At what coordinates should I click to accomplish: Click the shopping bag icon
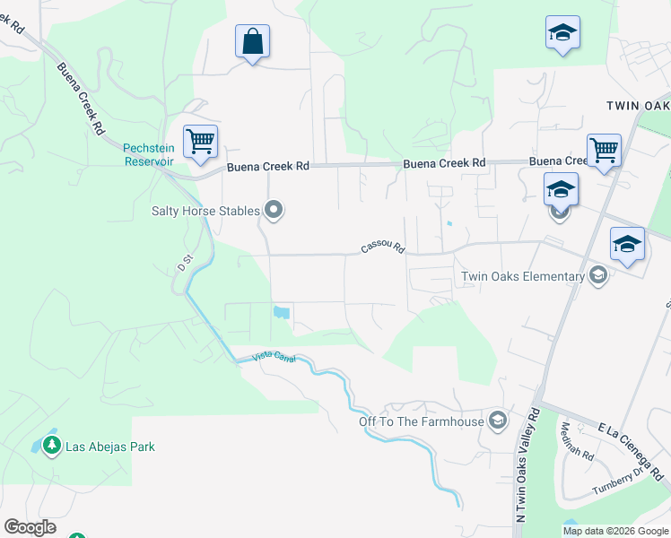pyautogui.click(x=252, y=41)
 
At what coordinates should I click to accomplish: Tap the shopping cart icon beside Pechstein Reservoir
pyautogui.click(x=200, y=142)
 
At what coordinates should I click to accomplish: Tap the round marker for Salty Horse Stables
pyautogui.click(x=274, y=211)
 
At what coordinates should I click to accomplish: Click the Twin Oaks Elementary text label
pyautogui.click(x=522, y=276)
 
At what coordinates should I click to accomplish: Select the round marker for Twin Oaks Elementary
pyautogui.click(x=597, y=276)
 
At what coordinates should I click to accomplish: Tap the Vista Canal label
pyautogui.click(x=274, y=357)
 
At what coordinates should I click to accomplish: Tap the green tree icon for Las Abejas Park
pyautogui.click(x=52, y=446)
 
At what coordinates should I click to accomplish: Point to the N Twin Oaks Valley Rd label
pyautogui.click(x=527, y=465)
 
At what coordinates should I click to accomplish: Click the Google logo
pyautogui.click(x=30, y=527)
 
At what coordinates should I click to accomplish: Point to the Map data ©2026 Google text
pyautogui.click(x=616, y=531)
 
